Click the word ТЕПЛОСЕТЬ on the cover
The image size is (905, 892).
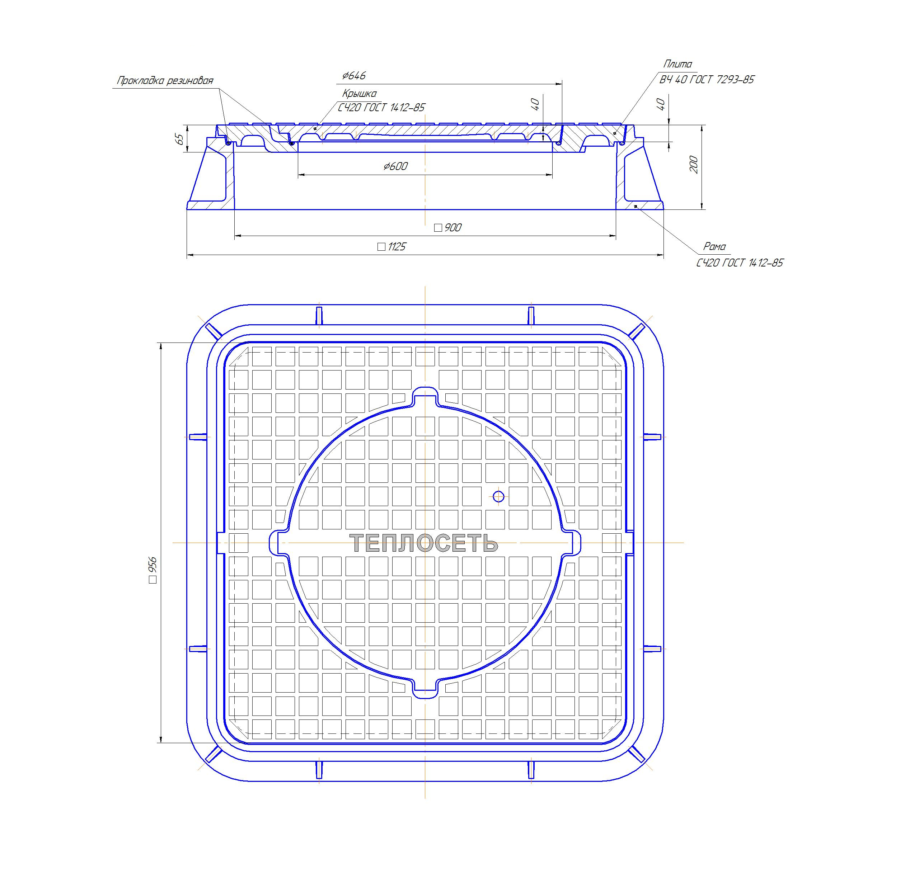(x=424, y=543)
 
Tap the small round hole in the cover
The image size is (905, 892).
(x=498, y=496)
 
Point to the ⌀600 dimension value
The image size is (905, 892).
(x=395, y=166)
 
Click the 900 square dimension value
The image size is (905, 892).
(x=448, y=227)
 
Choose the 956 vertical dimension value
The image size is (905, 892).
(x=153, y=570)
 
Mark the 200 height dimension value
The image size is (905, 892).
(x=694, y=165)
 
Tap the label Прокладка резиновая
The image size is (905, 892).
(x=165, y=81)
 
